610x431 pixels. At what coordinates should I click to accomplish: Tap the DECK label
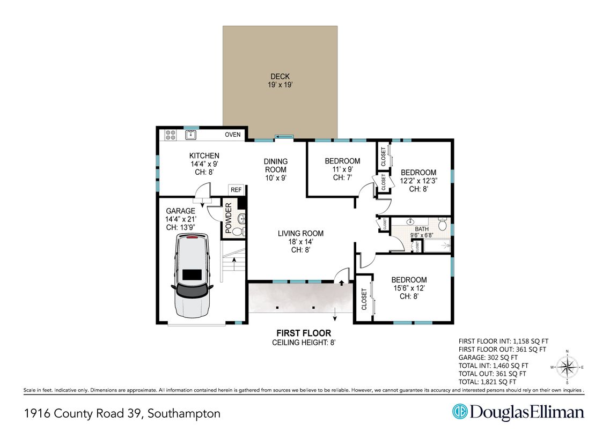click(x=280, y=77)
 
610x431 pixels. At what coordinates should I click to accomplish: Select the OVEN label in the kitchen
click(x=233, y=135)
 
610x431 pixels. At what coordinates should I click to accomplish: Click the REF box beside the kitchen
click(x=236, y=190)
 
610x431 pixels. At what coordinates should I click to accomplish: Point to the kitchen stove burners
click(x=171, y=135)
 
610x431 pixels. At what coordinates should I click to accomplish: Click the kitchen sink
click(x=190, y=135)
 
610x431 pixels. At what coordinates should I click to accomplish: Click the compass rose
click(x=567, y=367)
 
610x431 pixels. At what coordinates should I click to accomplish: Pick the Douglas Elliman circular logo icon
click(x=460, y=412)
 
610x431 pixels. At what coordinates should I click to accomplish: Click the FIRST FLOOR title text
click(x=304, y=333)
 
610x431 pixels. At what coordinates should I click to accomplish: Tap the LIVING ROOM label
click(x=301, y=233)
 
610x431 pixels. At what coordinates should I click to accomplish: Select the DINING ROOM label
click(x=276, y=165)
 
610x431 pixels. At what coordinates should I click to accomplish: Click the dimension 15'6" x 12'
click(x=409, y=288)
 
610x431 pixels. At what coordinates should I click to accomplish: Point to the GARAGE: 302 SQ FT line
click(x=488, y=358)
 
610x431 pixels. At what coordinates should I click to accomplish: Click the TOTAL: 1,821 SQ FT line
click(x=488, y=382)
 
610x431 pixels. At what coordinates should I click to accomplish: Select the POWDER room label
click(x=229, y=218)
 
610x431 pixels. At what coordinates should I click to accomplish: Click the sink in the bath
click(x=410, y=222)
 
